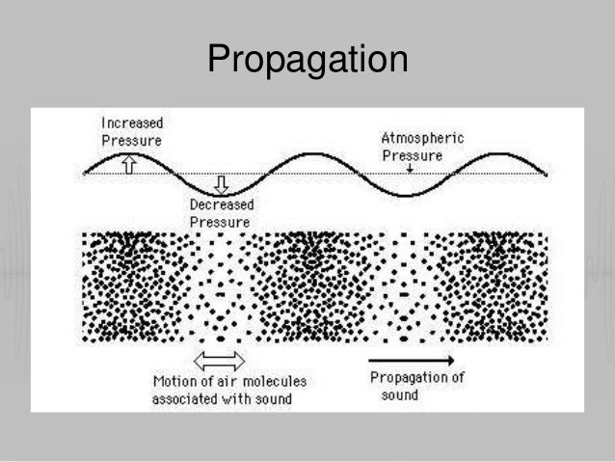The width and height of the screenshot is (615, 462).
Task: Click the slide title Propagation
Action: (307, 60)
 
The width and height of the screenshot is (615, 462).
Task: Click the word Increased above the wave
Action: (132, 123)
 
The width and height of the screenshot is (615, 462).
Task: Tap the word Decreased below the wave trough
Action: (221, 205)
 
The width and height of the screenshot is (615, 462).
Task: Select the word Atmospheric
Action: (422, 139)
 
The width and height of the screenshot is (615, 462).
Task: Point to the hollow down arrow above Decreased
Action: (222, 183)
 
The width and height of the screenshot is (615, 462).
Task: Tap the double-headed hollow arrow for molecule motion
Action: (221, 360)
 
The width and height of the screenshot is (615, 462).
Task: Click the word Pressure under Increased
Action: (132, 141)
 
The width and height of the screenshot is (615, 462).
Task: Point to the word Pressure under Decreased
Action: (220, 223)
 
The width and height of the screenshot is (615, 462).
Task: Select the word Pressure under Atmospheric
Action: (413, 155)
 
